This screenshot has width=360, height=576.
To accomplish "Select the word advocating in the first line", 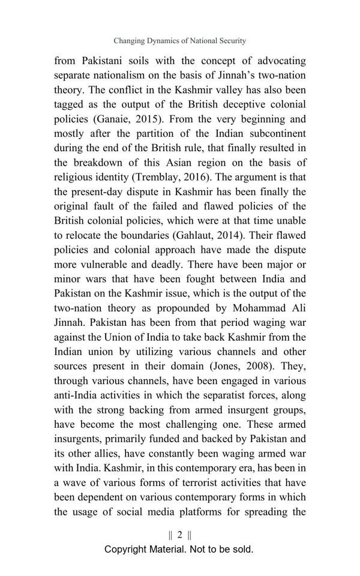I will (x=275, y=61).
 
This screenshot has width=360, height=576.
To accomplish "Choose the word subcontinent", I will (x=273, y=133).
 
